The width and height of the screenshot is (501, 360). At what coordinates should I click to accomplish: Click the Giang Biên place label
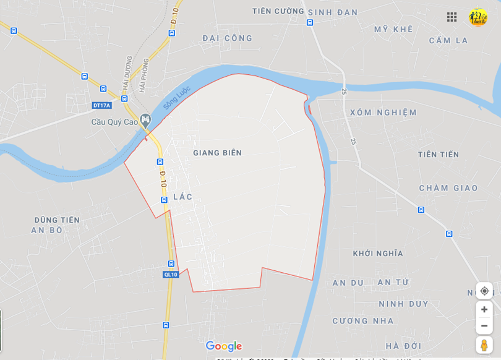click(217, 153)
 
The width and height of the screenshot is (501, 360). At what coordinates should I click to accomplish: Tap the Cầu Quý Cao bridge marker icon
click(145, 120)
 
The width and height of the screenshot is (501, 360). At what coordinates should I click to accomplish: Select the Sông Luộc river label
click(176, 98)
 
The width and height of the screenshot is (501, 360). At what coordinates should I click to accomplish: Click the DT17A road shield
click(101, 105)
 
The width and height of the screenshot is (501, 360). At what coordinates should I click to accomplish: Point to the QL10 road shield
click(171, 274)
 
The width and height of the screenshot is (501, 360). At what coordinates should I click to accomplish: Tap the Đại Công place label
click(228, 38)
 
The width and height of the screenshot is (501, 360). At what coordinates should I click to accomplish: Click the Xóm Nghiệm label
click(383, 113)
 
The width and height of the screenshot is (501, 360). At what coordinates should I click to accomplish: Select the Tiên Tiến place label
click(438, 155)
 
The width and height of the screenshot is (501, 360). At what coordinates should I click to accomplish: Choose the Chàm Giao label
click(448, 188)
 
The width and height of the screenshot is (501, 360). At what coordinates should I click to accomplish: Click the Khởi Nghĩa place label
click(378, 254)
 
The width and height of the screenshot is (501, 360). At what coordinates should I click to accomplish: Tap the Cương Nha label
click(363, 321)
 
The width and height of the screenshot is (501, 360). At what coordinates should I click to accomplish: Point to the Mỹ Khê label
click(393, 29)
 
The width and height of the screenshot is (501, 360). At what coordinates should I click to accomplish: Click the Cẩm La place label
click(448, 41)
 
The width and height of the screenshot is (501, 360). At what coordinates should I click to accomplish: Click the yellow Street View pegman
click(484, 345)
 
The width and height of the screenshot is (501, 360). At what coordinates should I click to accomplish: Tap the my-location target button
click(484, 291)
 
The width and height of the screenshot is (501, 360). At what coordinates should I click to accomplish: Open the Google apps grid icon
click(452, 17)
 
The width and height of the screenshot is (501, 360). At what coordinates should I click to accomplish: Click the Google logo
click(224, 346)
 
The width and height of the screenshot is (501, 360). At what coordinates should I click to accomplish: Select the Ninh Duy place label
click(403, 304)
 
